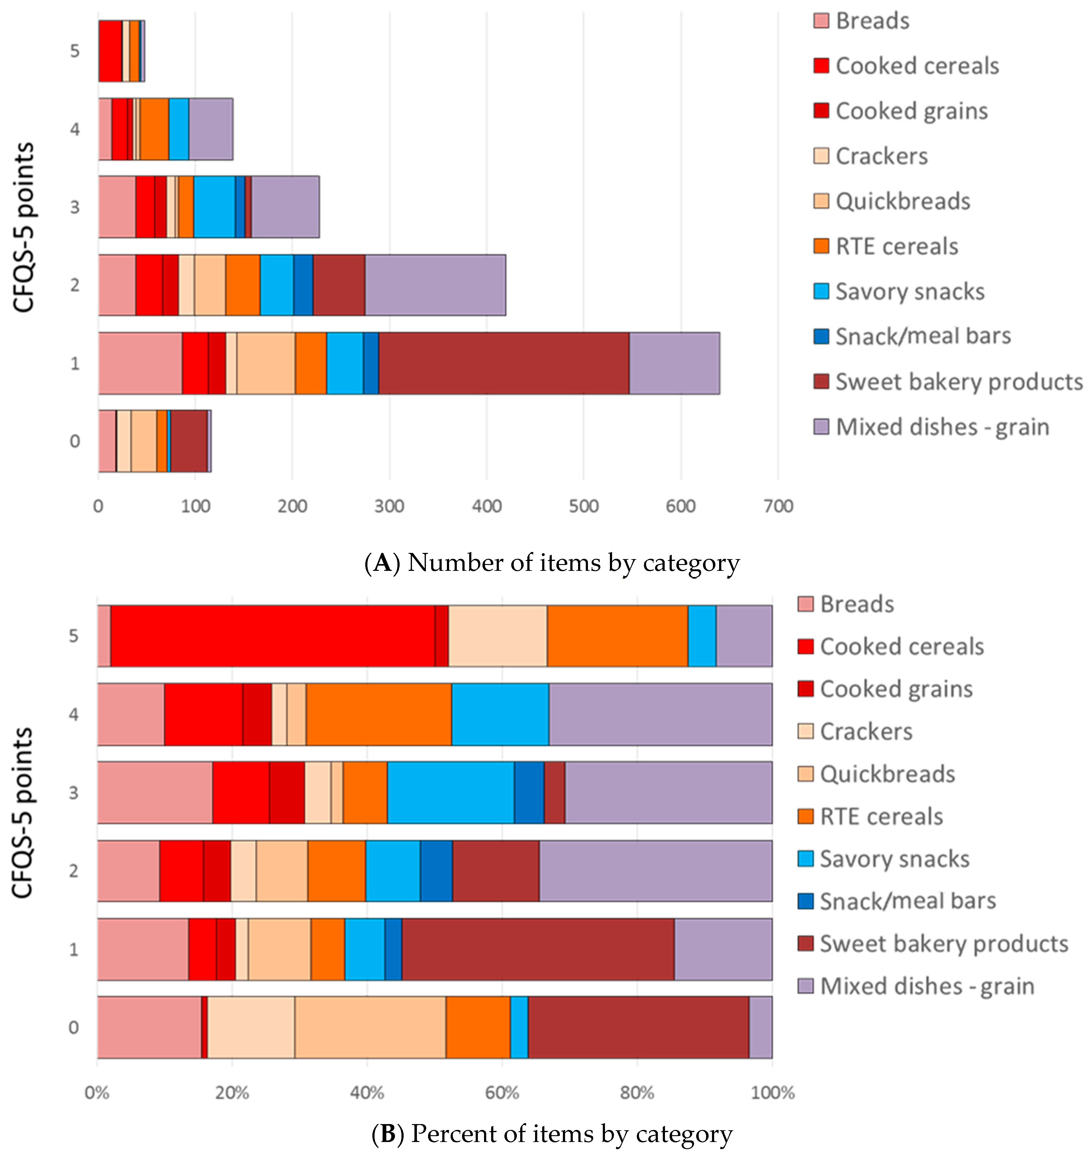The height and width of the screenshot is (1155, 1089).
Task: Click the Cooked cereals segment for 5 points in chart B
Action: [x=272, y=635]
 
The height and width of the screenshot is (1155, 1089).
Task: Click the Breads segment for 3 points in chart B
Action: [x=155, y=793]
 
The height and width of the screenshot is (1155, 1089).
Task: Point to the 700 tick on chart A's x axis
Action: [x=778, y=506]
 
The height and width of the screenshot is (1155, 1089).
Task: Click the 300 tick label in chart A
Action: [x=389, y=506]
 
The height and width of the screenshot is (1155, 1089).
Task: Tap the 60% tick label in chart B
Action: [x=502, y=1093]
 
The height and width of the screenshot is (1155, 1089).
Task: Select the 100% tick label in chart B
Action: [x=772, y=1093]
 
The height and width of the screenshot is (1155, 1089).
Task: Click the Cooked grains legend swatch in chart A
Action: [x=821, y=110]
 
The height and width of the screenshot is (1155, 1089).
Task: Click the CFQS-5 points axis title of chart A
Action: [x=24, y=228]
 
